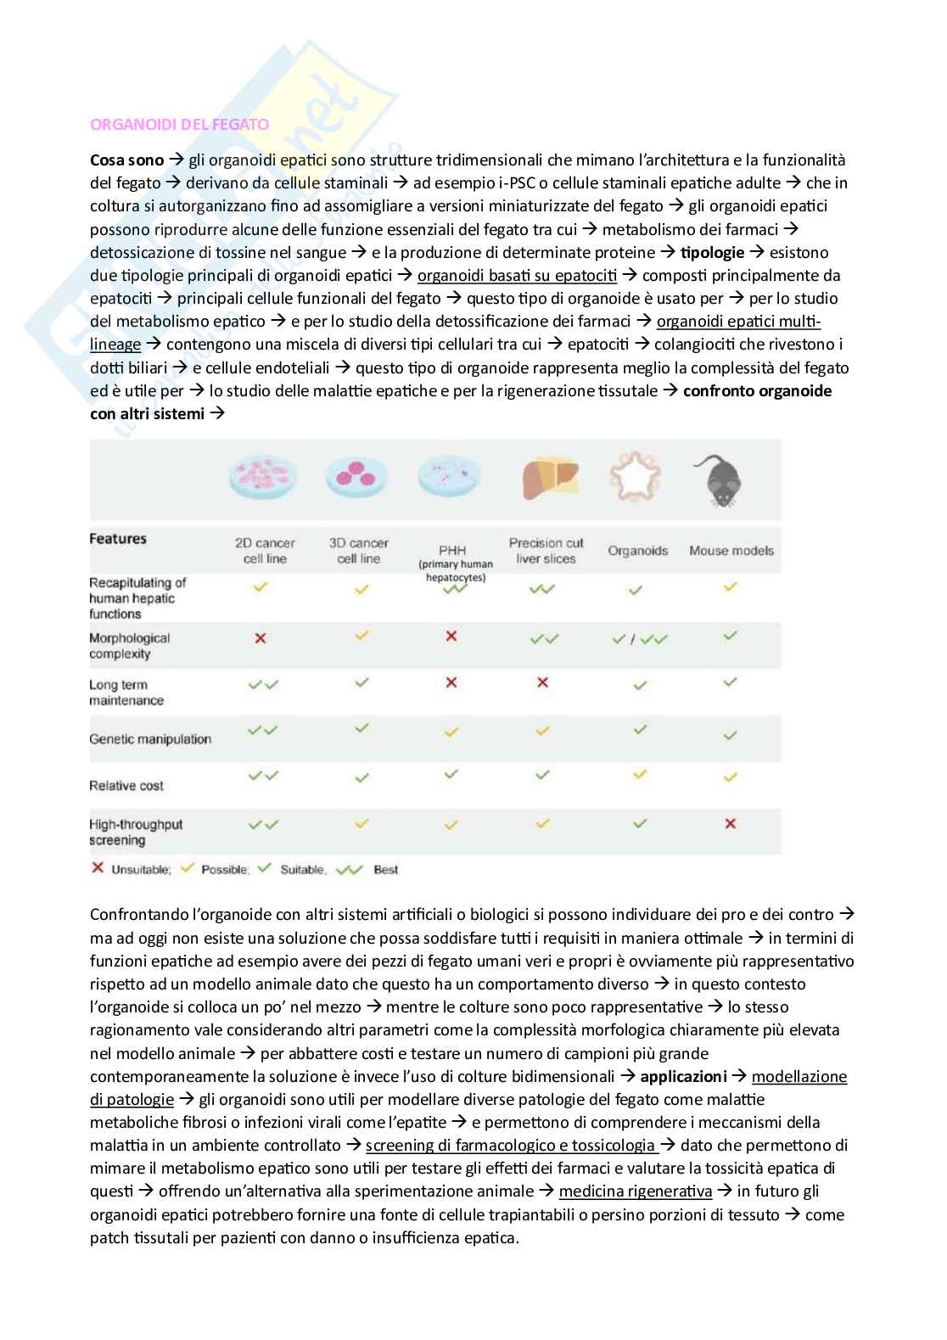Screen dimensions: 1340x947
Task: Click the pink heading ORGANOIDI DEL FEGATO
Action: point(179,124)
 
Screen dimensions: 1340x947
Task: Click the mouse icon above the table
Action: point(717,480)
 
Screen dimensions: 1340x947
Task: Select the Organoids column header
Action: point(637,551)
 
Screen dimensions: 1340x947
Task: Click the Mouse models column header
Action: point(731,551)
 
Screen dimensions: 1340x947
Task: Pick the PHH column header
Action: point(453,550)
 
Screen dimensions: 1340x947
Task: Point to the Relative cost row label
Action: point(126,786)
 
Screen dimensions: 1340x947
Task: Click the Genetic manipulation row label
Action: point(150,739)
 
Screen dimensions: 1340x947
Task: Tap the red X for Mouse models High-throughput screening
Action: point(730,823)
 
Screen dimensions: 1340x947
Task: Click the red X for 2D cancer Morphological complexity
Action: point(261,637)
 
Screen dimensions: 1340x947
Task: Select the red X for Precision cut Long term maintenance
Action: point(543,682)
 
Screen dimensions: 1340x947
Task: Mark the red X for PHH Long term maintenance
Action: point(451,682)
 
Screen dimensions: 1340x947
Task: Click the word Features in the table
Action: point(118,539)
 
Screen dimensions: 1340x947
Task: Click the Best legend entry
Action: point(384,870)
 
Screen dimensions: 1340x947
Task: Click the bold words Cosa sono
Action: point(126,160)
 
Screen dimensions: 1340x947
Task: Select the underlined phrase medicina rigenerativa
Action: point(636,1191)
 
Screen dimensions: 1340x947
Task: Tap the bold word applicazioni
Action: point(683,1076)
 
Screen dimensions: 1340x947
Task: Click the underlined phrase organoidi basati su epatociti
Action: point(517,275)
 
